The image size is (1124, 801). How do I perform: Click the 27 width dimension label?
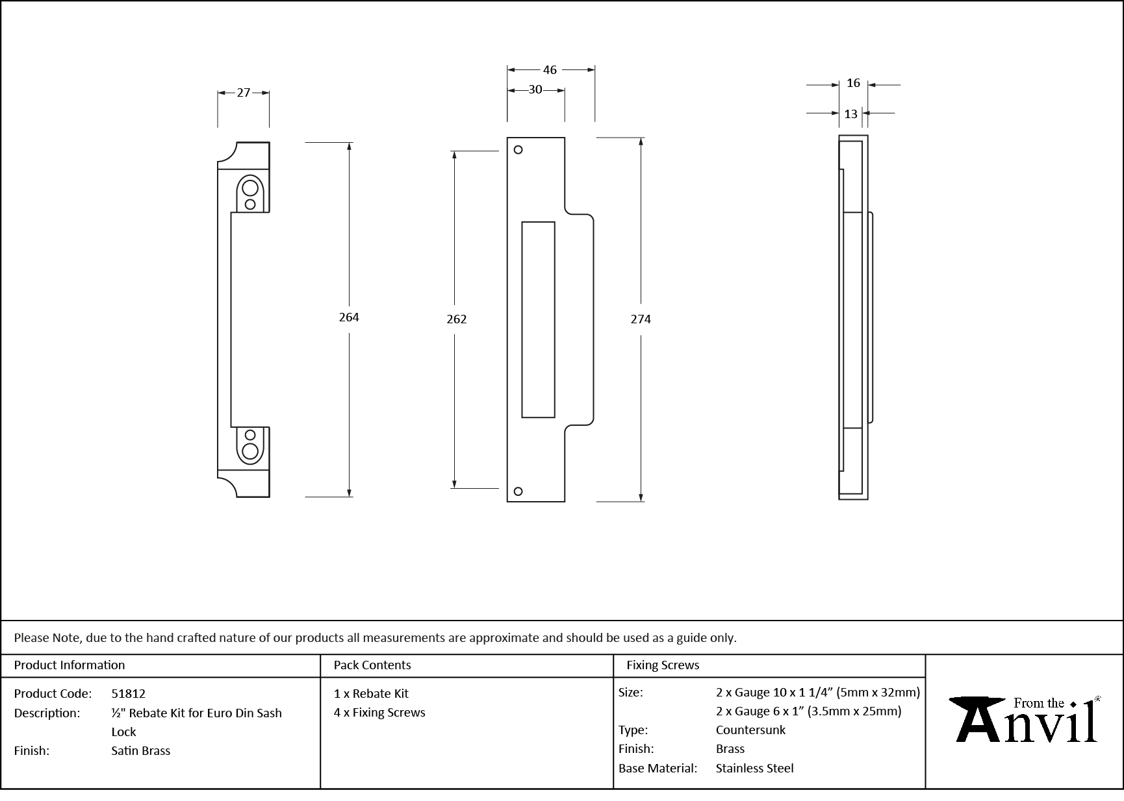243,93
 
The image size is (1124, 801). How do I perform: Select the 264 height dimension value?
349,317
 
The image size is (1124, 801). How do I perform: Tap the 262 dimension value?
457,319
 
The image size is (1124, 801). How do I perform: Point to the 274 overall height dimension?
641,319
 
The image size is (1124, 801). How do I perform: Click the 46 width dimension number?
550,70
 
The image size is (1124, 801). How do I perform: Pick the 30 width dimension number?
535,90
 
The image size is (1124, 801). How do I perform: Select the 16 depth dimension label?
853,84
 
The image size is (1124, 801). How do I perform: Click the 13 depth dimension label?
850,114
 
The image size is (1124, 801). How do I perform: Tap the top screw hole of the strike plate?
518,150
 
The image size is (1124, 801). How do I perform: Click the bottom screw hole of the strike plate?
518,491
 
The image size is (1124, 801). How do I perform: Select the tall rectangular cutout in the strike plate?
538,319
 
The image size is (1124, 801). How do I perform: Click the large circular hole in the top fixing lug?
250,189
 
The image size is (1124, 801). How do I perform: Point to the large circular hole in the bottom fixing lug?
250,451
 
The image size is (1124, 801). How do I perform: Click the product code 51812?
129,694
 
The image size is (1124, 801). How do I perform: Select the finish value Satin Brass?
141,751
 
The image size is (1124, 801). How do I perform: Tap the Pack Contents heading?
372,665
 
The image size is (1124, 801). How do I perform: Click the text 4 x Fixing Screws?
379,713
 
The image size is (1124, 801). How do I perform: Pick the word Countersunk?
750,730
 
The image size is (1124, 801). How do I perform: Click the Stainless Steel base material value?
754,769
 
